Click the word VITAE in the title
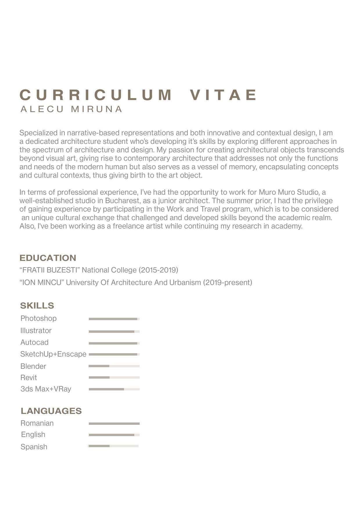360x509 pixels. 223,95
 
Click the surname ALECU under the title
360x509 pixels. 42,109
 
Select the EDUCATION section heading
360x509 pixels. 48,258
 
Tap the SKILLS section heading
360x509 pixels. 37,305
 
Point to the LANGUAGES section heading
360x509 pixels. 51,411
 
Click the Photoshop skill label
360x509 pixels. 39,319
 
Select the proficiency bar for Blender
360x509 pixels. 114,366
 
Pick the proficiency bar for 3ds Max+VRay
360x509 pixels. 114,389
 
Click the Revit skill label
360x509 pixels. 29,378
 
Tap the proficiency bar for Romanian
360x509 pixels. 114,424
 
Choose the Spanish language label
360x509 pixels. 34,447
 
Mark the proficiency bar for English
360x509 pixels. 114,435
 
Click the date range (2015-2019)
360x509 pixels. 158,270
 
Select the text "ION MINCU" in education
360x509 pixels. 41,283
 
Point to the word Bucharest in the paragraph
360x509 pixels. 122,201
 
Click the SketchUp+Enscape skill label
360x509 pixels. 53,354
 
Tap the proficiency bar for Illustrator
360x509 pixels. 114,331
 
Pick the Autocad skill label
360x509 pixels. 35,343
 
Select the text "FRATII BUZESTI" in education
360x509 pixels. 50,270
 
